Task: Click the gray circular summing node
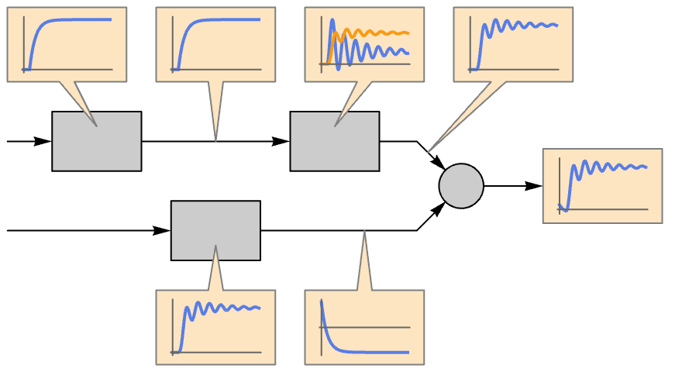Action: [461, 186]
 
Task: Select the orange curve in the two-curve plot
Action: [380, 33]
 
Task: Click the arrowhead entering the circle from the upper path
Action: [439, 164]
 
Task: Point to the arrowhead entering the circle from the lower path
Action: [439, 208]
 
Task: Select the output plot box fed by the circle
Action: [602, 186]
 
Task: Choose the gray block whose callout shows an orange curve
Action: [335, 141]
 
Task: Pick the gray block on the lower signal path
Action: [215, 230]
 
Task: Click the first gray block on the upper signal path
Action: [97, 141]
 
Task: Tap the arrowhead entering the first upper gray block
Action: [43, 142]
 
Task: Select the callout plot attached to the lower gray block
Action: [215, 327]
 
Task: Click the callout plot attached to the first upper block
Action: [67, 44]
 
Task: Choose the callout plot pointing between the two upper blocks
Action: [215, 44]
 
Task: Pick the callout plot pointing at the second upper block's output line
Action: [513, 44]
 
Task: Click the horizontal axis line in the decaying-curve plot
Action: [372, 327]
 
